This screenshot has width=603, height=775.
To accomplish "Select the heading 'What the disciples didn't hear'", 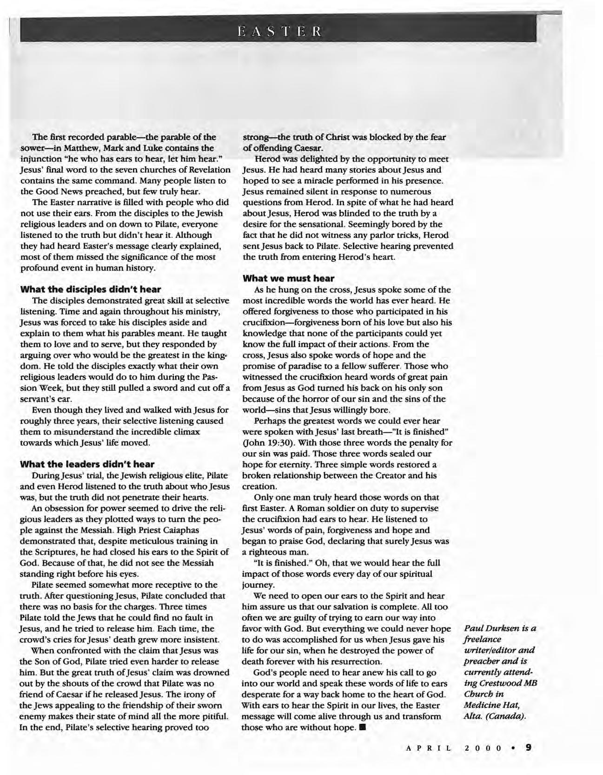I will (91, 289).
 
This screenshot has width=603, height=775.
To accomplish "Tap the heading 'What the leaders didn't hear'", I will (87, 464).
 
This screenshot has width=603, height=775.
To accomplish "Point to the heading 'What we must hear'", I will (289, 278).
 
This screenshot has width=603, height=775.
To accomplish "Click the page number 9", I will (529, 748).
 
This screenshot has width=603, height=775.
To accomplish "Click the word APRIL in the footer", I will (428, 748).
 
